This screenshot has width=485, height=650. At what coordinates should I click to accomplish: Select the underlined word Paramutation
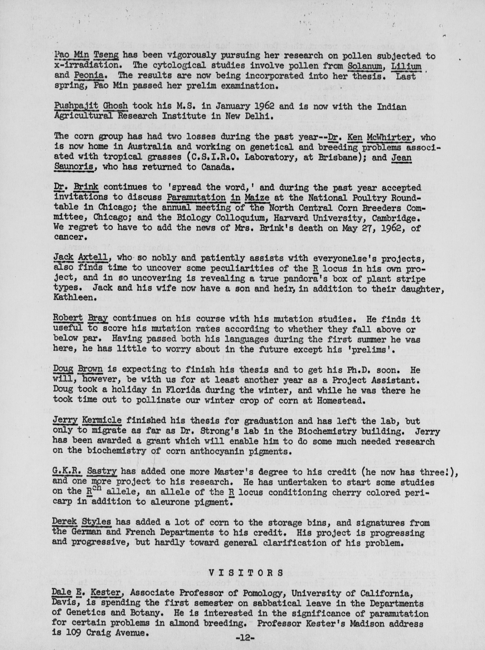[196, 197]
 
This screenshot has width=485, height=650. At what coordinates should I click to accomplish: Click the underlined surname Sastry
[102, 472]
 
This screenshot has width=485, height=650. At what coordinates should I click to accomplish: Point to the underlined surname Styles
[96, 522]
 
